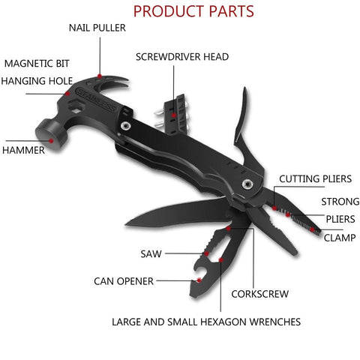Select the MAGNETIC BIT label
click(x=32, y=63)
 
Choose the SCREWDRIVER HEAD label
click(x=182, y=56)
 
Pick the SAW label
click(x=150, y=253)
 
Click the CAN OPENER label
click(x=124, y=281)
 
